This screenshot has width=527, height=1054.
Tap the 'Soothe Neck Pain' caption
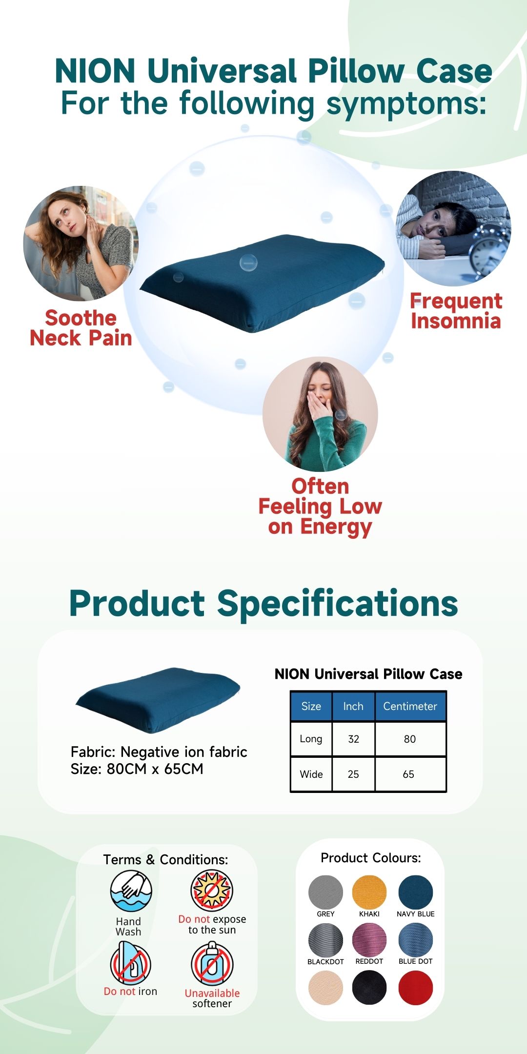click(81, 328)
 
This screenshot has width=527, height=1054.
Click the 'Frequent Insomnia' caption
click(456, 311)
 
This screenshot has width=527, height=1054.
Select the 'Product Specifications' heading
click(263, 603)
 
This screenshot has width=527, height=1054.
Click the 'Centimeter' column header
click(410, 706)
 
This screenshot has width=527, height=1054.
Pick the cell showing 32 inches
click(354, 739)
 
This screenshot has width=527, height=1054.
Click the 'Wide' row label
click(311, 774)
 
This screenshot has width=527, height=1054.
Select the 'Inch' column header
click(353, 706)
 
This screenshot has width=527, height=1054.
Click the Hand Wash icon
click(131, 891)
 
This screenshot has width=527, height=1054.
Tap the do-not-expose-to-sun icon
click(212, 890)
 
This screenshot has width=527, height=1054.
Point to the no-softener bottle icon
click(212, 964)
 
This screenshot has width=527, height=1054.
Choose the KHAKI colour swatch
click(369, 892)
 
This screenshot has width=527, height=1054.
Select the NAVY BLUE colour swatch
click(416, 892)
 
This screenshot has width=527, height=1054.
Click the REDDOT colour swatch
click(369, 940)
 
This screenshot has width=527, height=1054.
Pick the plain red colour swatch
click(416, 988)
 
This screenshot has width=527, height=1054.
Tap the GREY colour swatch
click(325, 892)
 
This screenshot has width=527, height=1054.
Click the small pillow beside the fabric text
click(158, 700)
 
